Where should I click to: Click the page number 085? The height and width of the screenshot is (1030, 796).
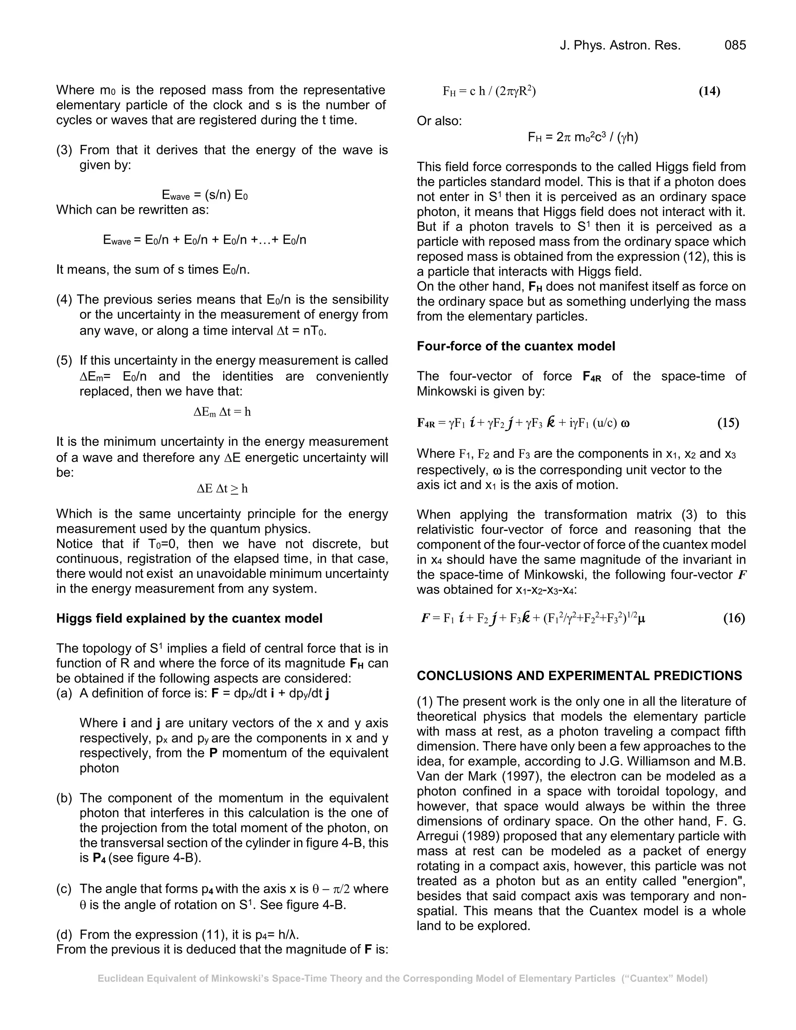tap(735, 45)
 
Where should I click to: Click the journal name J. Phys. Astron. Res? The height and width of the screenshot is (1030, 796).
tap(620, 45)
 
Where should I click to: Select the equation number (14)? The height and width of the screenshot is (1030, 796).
tap(709, 91)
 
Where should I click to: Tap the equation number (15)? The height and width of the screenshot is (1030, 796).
tap(728, 422)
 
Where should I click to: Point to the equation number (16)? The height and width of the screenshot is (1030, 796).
tap(734, 618)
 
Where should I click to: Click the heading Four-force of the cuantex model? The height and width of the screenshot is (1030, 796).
tap(515, 346)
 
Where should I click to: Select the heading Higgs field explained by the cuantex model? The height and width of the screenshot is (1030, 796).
tap(189, 618)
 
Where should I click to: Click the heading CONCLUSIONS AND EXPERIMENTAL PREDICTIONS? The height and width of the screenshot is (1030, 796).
tap(579, 676)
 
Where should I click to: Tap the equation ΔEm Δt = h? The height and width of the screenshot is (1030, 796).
tap(222, 412)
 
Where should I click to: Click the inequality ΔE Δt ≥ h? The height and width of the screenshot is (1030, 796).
tap(222, 489)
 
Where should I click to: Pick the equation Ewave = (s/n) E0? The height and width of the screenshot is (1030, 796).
tap(204, 195)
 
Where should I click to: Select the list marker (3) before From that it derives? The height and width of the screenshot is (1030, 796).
tap(64, 150)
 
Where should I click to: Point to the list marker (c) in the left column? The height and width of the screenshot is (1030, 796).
tap(64, 889)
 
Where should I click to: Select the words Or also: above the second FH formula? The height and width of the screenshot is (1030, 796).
tap(439, 121)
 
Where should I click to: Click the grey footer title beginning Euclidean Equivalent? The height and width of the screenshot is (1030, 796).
tap(402, 979)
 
